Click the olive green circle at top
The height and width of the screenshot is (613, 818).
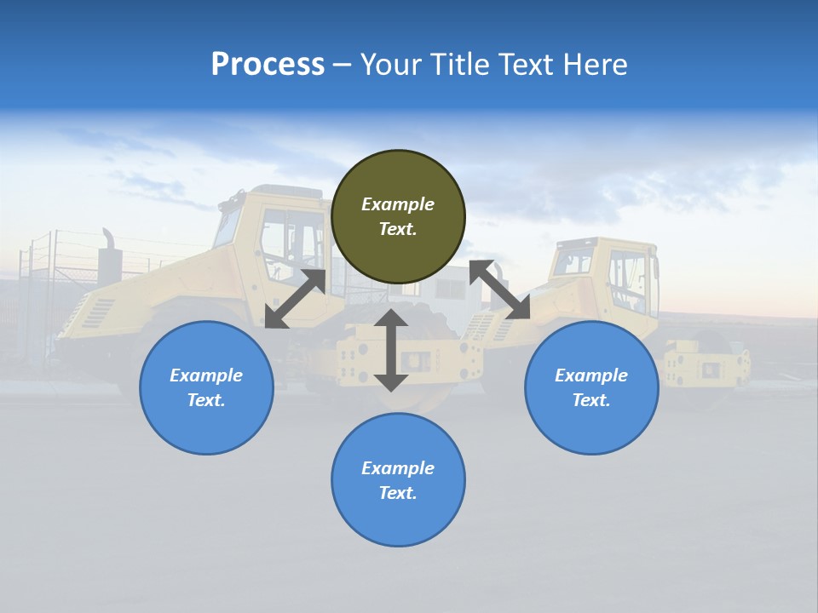[x=398, y=217]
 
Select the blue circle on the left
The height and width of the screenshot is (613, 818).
[x=206, y=387]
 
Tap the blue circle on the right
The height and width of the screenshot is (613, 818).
[x=591, y=387]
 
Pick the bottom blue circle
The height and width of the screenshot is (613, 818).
[x=398, y=480]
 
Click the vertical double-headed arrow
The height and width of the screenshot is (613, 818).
[x=391, y=350]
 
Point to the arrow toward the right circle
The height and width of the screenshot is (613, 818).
[x=499, y=289]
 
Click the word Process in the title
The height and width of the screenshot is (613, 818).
[x=268, y=64]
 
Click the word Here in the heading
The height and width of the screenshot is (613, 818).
[x=596, y=64]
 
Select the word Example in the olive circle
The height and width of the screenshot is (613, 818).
[x=398, y=204]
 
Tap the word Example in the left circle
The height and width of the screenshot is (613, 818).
[x=206, y=375]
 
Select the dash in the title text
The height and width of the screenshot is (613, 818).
[x=343, y=66]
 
